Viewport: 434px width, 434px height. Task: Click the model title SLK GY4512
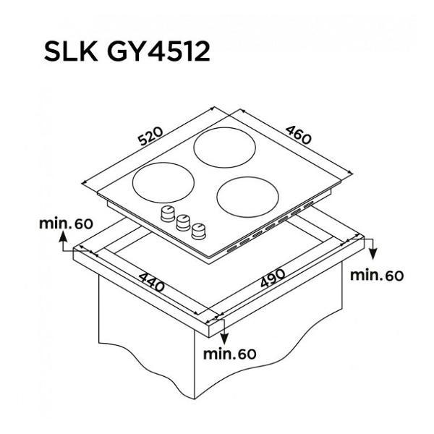(127, 51)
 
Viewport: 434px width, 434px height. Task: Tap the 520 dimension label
(151, 136)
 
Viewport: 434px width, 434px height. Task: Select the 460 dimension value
(298, 135)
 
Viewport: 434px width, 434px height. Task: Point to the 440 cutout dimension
(151, 282)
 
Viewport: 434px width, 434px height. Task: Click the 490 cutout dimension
(273, 278)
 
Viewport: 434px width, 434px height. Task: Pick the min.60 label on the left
(66, 224)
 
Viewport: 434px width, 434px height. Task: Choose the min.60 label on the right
(377, 276)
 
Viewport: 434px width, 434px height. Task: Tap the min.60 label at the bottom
(230, 354)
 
